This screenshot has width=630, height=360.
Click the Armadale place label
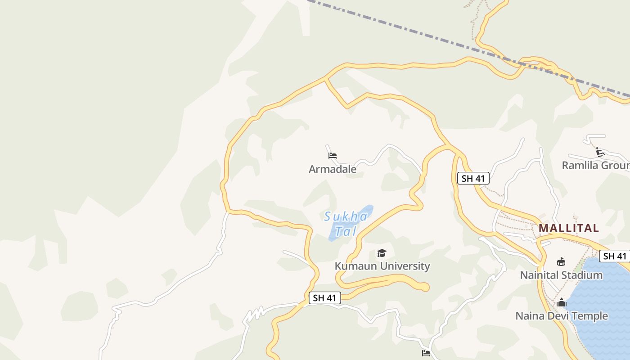coord(332,169)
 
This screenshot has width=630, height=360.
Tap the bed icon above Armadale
coord(333,156)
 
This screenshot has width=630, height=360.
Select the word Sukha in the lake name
coord(346,217)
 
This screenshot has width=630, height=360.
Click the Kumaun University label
coord(382,266)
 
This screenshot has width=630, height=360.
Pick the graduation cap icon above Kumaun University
coord(382,253)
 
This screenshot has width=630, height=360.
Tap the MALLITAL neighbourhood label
coord(569,228)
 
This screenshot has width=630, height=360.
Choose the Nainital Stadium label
coord(561,275)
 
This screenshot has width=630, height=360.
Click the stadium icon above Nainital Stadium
coord(561,261)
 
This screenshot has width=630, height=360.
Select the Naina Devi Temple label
coord(561,316)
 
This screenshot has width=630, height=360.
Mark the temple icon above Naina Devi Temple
coord(561,302)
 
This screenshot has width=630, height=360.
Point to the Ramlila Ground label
coord(595,166)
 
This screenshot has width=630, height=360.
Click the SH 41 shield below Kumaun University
coord(325,298)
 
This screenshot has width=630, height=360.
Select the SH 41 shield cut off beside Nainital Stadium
coord(614,256)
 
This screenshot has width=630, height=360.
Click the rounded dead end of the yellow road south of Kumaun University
coord(424,287)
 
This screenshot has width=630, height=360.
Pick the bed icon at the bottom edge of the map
coord(426,353)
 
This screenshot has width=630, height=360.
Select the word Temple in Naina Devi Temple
coord(589,316)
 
